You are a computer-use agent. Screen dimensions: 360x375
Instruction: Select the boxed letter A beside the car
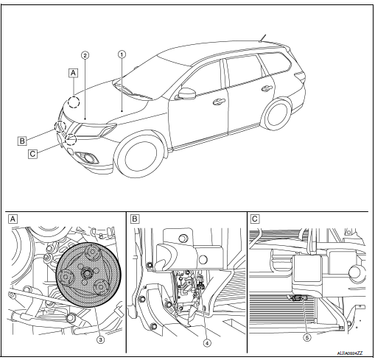[x=72, y=73]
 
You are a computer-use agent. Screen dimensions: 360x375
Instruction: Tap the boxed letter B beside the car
[x=24, y=137]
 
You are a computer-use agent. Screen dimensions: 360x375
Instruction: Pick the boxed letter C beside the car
[x=32, y=154]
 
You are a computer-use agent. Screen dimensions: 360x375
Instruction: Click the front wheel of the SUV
[x=141, y=156]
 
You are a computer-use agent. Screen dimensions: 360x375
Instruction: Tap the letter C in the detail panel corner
[x=254, y=219]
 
